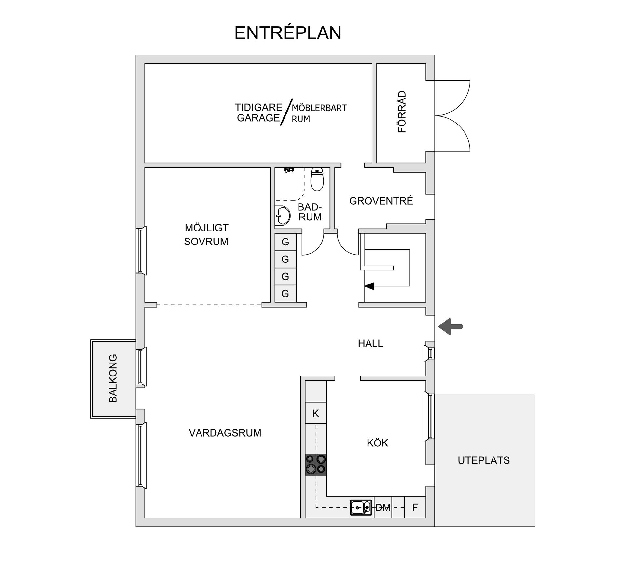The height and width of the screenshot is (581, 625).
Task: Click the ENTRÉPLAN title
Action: pos(288,33)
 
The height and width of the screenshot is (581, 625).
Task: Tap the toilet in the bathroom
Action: pos(317,179)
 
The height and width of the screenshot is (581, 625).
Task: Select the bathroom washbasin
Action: pos(283,215)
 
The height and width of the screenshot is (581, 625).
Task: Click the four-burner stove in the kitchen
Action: pos(316,464)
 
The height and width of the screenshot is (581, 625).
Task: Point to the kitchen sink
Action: pos(361,507)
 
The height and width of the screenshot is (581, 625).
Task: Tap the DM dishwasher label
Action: pos(382,508)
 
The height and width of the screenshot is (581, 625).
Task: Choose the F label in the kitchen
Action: pos(415,508)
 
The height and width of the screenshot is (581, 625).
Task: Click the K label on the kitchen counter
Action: pos(315,414)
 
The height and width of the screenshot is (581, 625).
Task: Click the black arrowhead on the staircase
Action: pos(369,286)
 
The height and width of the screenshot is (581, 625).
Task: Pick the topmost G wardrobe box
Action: pos(285,242)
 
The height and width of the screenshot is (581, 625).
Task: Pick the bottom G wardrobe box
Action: pos(285,294)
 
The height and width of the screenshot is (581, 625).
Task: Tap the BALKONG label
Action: pos(113,378)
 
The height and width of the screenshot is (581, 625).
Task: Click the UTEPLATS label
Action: pos(483,460)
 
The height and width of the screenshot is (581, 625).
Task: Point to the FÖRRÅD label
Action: pos(402,112)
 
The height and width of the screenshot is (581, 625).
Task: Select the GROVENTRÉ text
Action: pos(381,201)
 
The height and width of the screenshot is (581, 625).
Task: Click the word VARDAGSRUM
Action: pos(225,433)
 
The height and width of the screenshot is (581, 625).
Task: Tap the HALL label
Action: pos(370,343)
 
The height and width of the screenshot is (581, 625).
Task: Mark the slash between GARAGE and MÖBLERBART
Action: pos(287,112)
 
